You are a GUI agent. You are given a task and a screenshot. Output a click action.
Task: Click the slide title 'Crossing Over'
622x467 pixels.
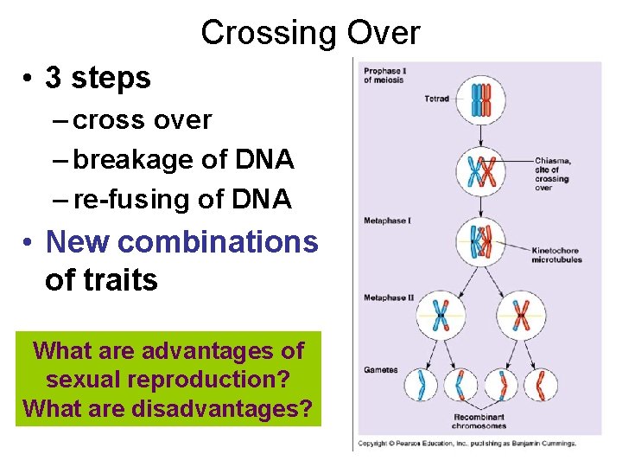[x=310, y=33]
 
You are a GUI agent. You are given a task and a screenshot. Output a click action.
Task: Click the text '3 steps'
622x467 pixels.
[x=98, y=78]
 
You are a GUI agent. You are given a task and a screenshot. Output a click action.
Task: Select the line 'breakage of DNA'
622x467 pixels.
[x=183, y=159]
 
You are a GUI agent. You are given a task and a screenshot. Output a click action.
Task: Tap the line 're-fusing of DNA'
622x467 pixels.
[x=183, y=199]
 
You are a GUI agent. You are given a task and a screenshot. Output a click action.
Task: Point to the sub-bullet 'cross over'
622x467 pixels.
[x=143, y=119]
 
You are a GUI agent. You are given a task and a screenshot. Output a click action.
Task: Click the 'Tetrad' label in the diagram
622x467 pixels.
[x=436, y=99]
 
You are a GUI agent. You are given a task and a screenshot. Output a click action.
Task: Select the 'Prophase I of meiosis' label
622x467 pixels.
[x=384, y=75]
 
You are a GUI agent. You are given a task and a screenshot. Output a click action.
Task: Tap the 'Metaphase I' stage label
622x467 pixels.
[x=386, y=221]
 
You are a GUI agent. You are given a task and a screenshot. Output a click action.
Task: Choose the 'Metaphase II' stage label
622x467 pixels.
[x=389, y=297]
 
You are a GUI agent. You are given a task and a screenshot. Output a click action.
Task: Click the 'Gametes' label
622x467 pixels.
[x=381, y=369]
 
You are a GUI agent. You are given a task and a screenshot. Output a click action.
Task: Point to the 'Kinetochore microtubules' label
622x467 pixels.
[x=557, y=255]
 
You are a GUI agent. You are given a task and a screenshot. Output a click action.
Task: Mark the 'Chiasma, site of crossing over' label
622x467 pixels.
[x=553, y=173]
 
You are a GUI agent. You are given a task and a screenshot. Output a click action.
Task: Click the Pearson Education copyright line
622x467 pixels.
[x=467, y=444]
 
